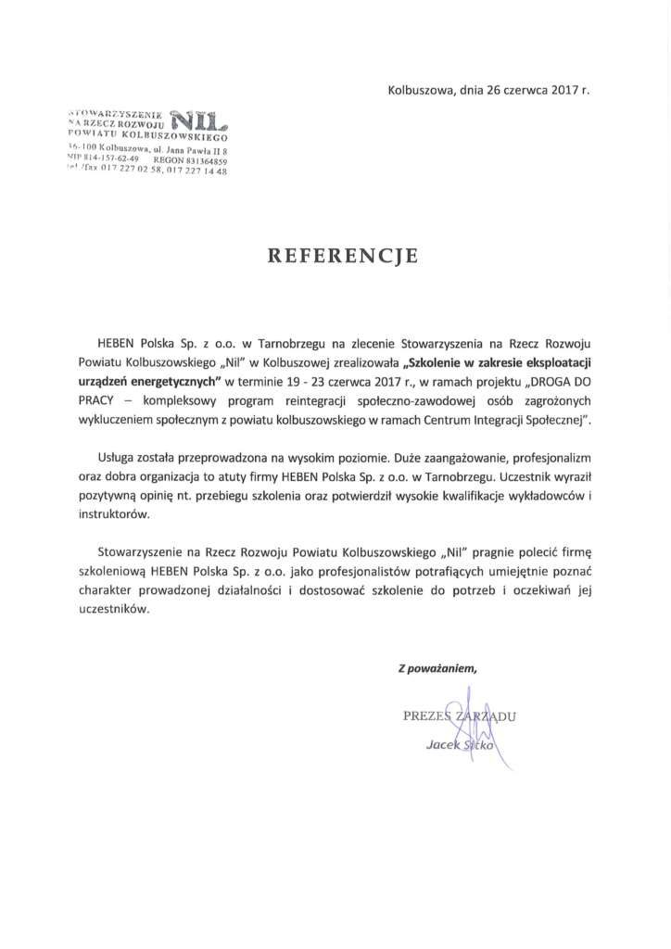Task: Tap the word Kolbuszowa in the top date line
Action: [x=418, y=90]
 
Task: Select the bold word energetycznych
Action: [x=175, y=380]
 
